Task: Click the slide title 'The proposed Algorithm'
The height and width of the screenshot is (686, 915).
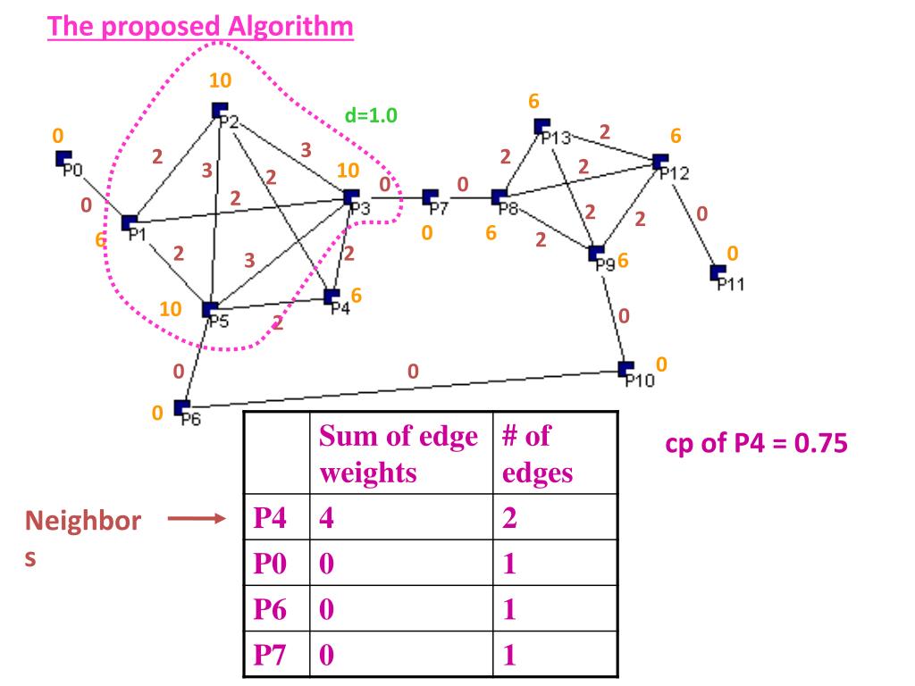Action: [201, 26]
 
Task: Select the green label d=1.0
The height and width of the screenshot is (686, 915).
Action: [370, 115]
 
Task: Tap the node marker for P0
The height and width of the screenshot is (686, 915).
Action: [63, 159]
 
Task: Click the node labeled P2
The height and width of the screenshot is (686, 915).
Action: [219, 111]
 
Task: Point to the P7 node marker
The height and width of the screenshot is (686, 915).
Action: [430, 197]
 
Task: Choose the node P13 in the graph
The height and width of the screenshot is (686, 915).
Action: [541, 127]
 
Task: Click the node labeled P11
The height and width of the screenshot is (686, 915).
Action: [718, 272]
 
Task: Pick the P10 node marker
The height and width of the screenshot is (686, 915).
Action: [625, 369]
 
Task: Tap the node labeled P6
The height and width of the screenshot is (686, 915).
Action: [181, 408]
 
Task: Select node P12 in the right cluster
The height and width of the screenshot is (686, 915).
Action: [660, 162]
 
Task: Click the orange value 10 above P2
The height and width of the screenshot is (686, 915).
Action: [220, 80]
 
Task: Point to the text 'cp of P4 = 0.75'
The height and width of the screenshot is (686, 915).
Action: [756, 444]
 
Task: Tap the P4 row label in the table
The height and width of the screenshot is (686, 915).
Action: [272, 519]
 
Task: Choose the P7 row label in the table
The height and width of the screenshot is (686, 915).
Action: [272, 657]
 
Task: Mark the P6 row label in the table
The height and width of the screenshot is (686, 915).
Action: [272, 611]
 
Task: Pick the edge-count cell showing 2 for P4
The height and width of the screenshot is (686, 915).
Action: [510, 519]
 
